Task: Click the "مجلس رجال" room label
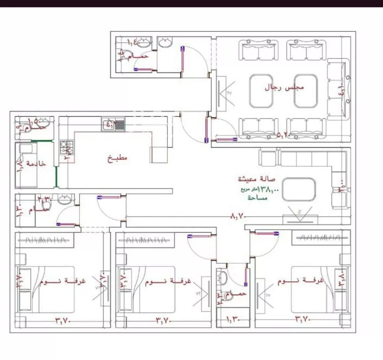(284, 87)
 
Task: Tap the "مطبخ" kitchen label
(117, 158)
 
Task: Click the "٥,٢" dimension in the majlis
(282, 135)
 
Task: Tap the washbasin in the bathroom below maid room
(65, 199)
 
